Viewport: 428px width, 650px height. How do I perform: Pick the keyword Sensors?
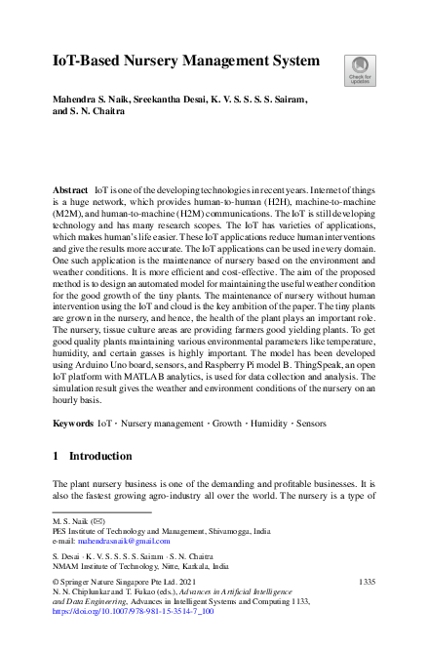311,452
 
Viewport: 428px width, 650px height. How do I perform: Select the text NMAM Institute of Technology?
110,565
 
